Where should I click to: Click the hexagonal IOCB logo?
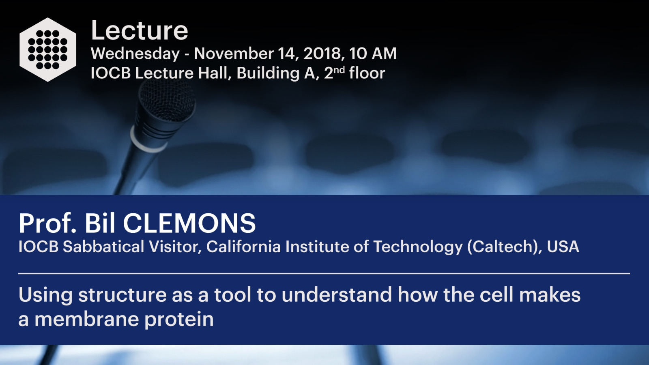click(x=48, y=49)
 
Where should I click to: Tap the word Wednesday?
click(x=135, y=54)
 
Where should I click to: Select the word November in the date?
click(x=234, y=54)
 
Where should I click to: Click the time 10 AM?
click(x=373, y=54)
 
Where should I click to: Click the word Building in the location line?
click(x=268, y=73)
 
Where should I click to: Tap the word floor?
click(x=367, y=73)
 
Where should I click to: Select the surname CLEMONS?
click(x=189, y=223)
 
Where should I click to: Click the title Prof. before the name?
click(x=47, y=223)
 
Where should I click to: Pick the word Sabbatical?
click(x=103, y=247)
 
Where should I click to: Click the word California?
click(x=243, y=247)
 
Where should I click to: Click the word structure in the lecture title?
click(x=122, y=295)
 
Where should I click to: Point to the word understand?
click(x=337, y=294)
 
